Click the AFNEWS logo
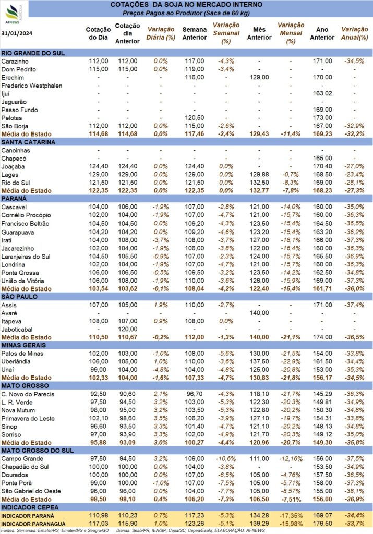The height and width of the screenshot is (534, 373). click(13, 14)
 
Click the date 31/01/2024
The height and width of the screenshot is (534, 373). click(17, 33)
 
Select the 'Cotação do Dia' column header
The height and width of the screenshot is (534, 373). click(98, 33)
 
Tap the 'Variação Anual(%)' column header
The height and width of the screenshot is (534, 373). click(355, 33)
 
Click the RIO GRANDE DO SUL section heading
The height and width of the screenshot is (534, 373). click(33, 53)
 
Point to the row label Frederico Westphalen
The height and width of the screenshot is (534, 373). click(32, 86)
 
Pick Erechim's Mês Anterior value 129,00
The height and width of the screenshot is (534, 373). click(259, 77)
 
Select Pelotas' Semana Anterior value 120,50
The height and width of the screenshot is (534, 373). click(195, 118)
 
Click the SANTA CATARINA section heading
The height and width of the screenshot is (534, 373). click(28, 142)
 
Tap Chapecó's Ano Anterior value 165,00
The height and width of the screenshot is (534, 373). click(322, 159)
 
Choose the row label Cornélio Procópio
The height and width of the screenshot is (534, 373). click(26, 215)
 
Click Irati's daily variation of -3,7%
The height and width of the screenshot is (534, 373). click(161, 240)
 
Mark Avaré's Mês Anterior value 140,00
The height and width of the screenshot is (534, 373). click(259, 313)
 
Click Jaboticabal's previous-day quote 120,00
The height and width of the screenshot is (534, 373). click(128, 330)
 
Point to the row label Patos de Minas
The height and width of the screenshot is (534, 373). click(22, 354)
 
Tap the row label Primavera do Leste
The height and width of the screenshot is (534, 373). click(28, 419)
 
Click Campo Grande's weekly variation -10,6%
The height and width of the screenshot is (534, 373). click(226, 459)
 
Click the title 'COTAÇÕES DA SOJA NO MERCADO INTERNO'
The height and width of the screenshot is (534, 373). click(186, 5)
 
